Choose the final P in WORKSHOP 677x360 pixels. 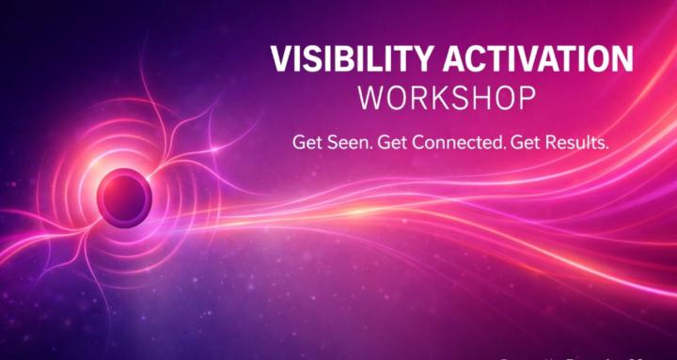click(527, 97)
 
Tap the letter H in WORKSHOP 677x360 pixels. click(483, 97)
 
